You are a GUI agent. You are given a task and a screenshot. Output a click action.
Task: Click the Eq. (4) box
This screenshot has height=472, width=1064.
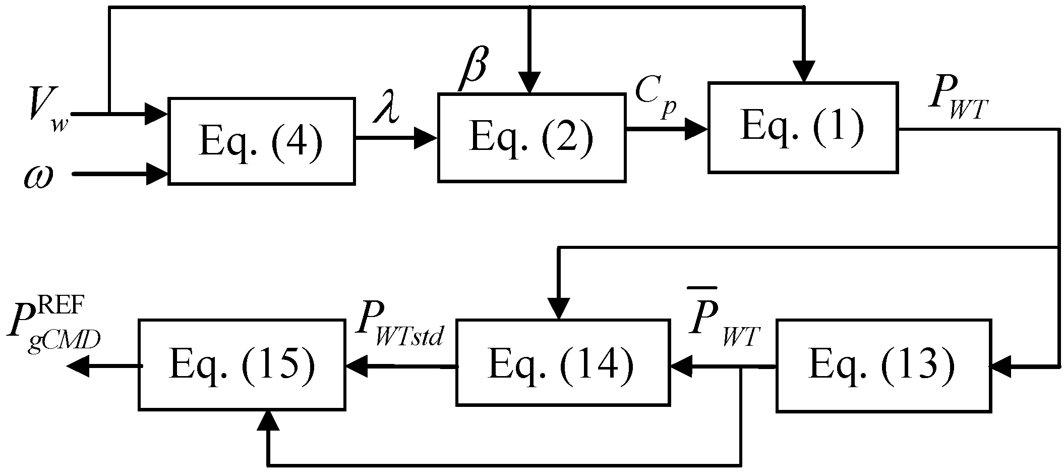coord(261,141)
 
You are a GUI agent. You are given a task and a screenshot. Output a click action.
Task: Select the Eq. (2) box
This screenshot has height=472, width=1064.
coord(531,137)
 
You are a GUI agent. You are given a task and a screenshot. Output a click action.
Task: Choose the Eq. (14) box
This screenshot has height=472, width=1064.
coord(563,362)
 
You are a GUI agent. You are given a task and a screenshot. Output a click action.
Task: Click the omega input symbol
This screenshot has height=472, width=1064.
coord(38,178)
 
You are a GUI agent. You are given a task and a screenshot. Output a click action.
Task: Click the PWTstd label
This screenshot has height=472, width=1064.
coord(398,330)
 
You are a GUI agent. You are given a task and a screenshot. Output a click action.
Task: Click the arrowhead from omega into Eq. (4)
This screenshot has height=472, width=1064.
coord(158,174)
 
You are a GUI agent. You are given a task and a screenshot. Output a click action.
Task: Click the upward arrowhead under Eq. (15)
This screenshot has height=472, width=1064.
coord(268,420)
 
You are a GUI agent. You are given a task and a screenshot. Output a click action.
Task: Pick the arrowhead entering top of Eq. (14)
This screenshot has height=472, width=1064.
coord(559,308)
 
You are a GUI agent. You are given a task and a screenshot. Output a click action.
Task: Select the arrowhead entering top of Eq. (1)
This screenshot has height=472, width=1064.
coord(803,72)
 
